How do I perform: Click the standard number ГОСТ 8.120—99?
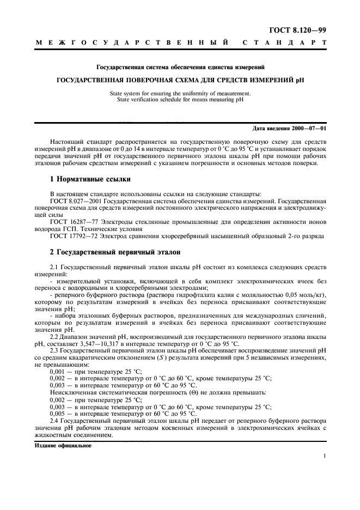click(x=301, y=29)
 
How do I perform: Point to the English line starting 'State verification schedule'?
click(x=180, y=100)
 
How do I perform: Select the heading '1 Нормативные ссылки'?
click(x=90, y=179)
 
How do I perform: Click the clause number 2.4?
click(x=54, y=421)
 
